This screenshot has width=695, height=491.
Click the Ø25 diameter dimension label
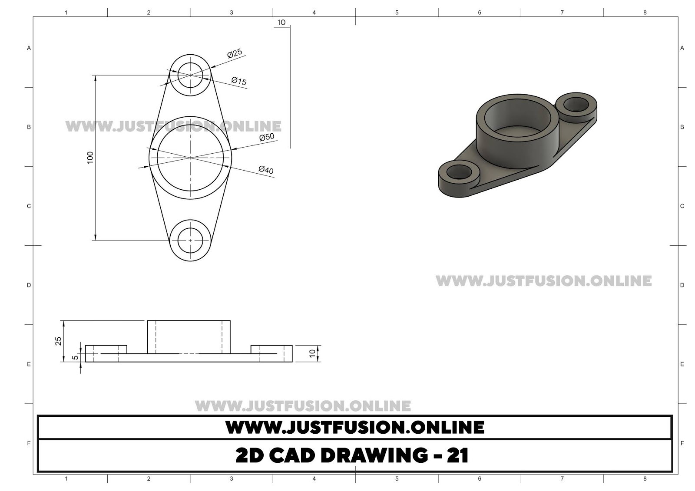235,54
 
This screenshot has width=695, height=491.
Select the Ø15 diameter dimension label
239,81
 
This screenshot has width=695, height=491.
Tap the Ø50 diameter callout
267,137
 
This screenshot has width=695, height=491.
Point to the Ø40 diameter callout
266,170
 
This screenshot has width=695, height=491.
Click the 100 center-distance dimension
90,157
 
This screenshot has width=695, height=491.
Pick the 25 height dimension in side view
59,341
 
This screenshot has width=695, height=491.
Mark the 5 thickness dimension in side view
75,357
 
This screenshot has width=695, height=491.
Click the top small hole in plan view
190,75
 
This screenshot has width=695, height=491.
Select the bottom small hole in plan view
190,240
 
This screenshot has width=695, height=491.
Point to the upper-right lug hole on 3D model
576,104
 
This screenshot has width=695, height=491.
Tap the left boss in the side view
106,349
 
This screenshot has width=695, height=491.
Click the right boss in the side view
271,349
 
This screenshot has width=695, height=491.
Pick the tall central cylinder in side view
189,337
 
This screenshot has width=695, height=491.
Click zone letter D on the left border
29,285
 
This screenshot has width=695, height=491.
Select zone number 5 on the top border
397,13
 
